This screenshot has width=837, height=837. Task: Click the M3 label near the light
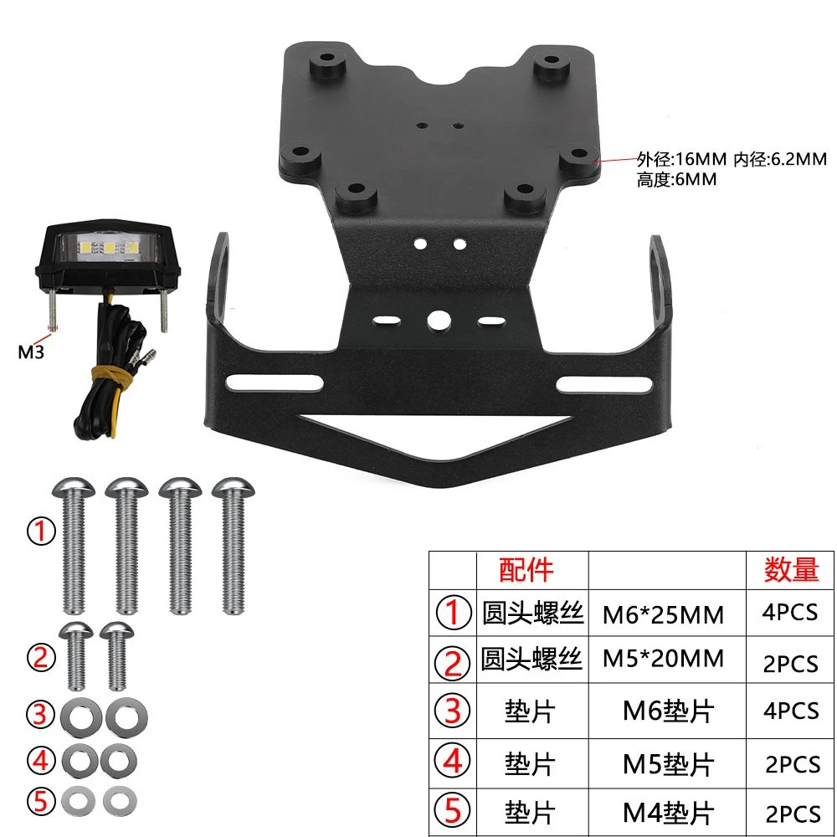[31, 352]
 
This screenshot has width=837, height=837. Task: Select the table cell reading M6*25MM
[663, 614]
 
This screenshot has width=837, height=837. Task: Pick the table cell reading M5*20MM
[663, 659]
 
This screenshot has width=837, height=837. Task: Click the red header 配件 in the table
[526, 569]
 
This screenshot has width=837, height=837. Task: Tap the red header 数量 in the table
[791, 569]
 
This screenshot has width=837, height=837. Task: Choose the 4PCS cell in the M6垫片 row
[791, 711]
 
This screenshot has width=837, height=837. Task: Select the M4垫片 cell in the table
[668, 813]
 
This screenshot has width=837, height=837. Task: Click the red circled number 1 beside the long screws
[41, 531]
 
